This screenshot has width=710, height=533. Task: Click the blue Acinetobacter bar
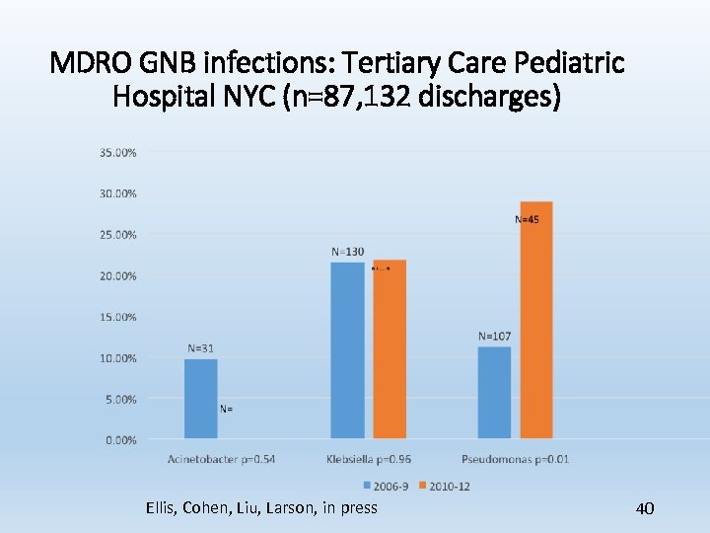tap(201, 400)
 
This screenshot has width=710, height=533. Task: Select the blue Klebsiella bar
tap(347, 350)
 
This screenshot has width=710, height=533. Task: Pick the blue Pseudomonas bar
tap(494, 393)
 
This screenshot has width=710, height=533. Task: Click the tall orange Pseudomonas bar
tap(536, 321)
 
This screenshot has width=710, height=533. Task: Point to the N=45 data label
tap(528, 219)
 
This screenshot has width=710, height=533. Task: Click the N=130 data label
tap(347, 252)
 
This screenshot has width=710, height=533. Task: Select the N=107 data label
tap(494, 337)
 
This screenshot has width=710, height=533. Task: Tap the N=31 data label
tap(201, 347)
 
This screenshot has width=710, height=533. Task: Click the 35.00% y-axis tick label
tap(117, 153)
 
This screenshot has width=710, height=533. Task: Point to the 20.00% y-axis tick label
tap(117, 276)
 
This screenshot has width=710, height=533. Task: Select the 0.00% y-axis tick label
tap(120, 440)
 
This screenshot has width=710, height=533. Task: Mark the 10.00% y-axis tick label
tap(117, 358)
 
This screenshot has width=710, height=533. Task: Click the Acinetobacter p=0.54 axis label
tap(221, 459)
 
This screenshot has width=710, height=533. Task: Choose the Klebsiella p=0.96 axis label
tap(368, 459)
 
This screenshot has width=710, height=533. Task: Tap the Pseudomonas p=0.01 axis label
tap(515, 459)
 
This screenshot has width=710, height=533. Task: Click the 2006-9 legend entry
tap(386, 485)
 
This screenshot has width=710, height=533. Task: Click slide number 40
tap(645, 508)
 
